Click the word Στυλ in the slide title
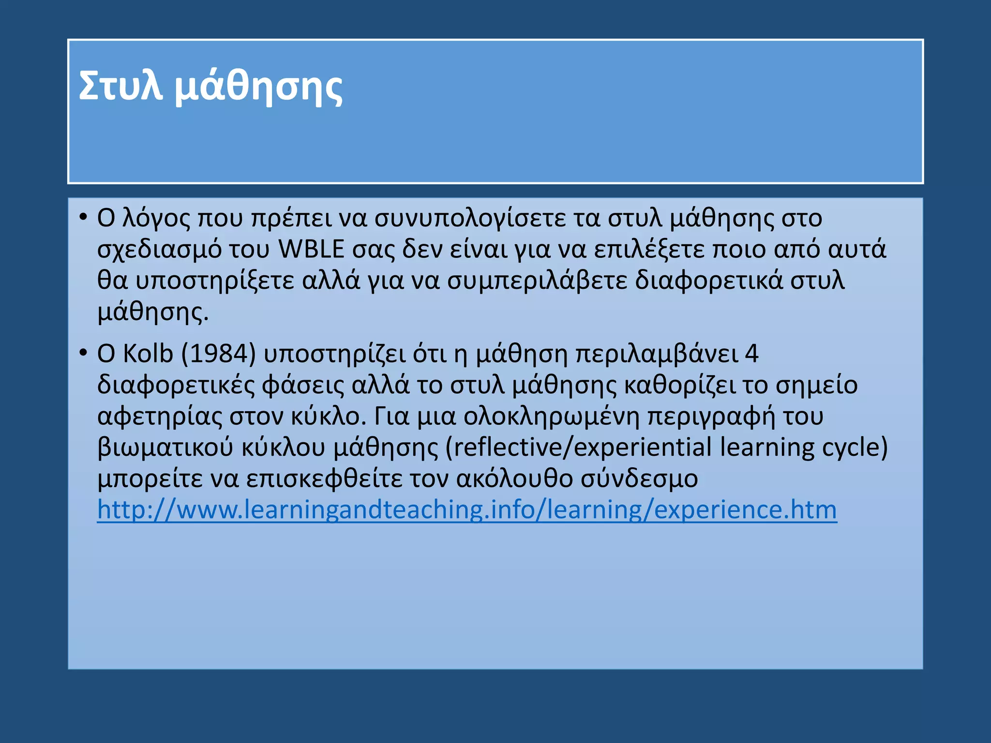[x=120, y=86]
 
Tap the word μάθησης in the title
[x=258, y=87]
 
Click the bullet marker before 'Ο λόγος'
[x=83, y=217]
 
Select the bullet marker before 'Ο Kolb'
[x=83, y=353]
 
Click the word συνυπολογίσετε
[x=470, y=218]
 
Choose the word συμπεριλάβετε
[x=537, y=281]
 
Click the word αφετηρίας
[x=159, y=416]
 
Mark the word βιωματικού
[x=165, y=447]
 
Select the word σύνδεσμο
[x=639, y=478]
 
